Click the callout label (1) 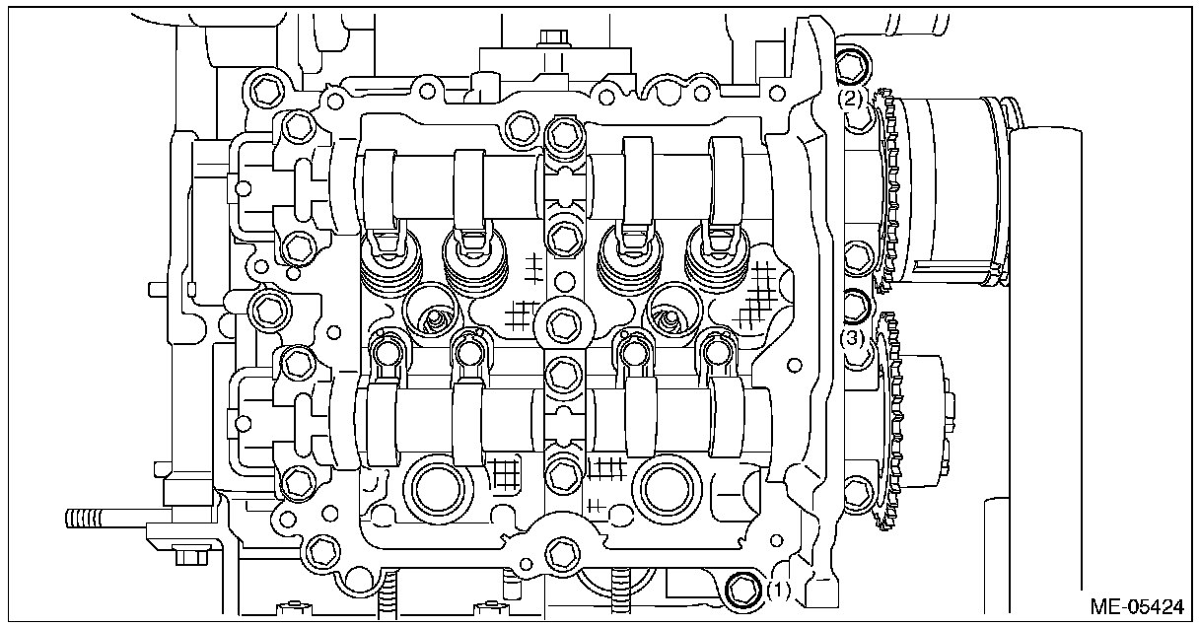778,591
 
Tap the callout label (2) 852,99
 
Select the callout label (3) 853,338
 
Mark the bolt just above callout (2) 851,66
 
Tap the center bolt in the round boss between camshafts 562,322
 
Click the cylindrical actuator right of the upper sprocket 952,187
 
